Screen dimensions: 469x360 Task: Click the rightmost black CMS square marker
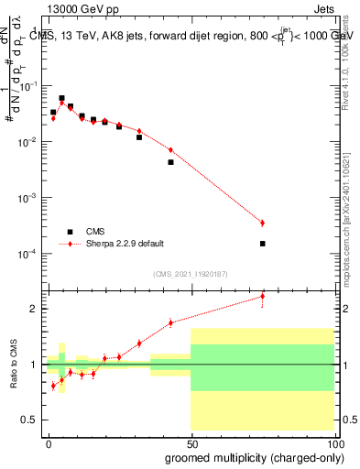click(x=262, y=244)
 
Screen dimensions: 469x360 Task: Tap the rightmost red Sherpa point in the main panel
click(x=262, y=223)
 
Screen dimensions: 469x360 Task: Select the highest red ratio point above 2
click(x=262, y=296)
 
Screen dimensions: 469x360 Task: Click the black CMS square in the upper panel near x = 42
click(x=170, y=162)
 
